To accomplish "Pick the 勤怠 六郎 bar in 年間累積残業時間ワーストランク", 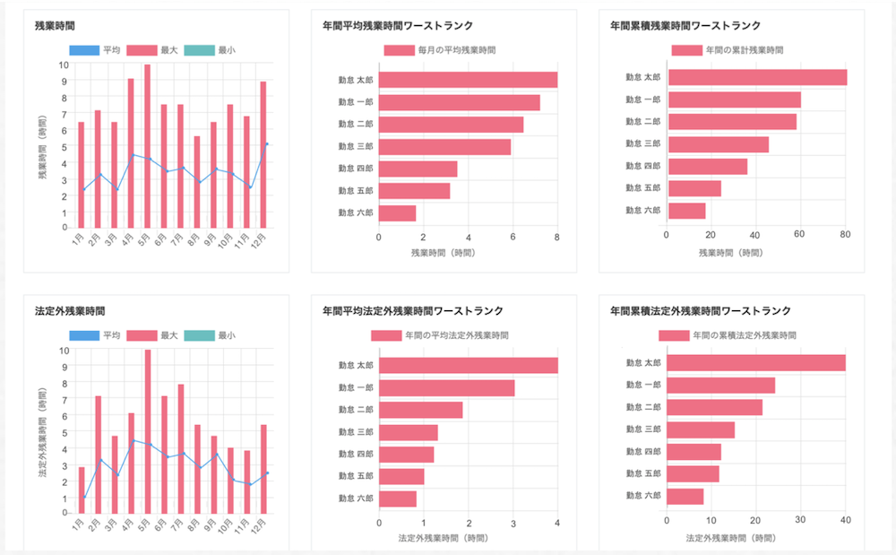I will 687,211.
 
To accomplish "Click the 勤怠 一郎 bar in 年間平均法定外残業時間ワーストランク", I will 446,387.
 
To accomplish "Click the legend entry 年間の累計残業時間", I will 727,50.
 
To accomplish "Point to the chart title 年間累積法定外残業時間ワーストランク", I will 700,311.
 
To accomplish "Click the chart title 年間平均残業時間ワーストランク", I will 398,26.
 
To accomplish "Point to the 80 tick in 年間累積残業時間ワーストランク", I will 845,237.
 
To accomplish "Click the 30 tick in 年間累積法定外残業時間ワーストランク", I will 800,519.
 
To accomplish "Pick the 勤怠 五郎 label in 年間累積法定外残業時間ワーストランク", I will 642,473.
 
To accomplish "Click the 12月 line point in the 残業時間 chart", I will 267,143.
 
